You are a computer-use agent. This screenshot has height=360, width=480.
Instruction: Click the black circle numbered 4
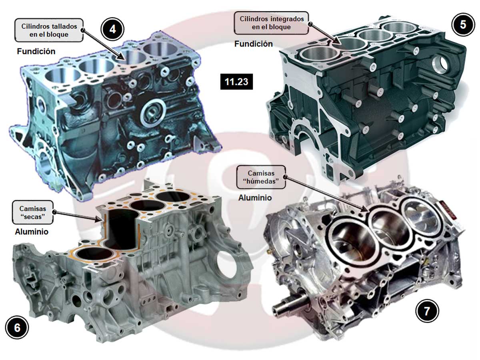(112, 29)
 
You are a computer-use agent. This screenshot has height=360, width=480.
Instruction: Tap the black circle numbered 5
(463, 24)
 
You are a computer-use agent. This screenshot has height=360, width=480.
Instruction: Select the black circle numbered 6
(17, 328)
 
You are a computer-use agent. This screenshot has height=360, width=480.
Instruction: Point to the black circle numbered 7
(427, 311)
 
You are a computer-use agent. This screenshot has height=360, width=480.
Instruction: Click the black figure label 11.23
(236, 82)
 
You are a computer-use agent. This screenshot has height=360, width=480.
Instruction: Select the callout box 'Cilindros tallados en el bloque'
(49, 30)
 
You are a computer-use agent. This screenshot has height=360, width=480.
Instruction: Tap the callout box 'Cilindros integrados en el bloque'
(271, 23)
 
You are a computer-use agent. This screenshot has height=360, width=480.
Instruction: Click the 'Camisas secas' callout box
(32, 212)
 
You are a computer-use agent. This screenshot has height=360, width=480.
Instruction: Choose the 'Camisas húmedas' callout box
(261, 177)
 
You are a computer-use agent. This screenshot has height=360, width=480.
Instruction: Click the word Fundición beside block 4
(36, 51)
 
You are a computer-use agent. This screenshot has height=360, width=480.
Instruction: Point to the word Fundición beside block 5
(254, 44)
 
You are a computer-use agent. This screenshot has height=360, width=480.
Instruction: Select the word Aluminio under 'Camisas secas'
(32, 232)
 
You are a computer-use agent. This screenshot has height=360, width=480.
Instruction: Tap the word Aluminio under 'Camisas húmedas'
(255, 198)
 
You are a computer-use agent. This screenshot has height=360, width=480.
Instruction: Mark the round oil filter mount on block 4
(152, 112)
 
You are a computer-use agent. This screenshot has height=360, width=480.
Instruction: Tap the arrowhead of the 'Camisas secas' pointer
(98, 219)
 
